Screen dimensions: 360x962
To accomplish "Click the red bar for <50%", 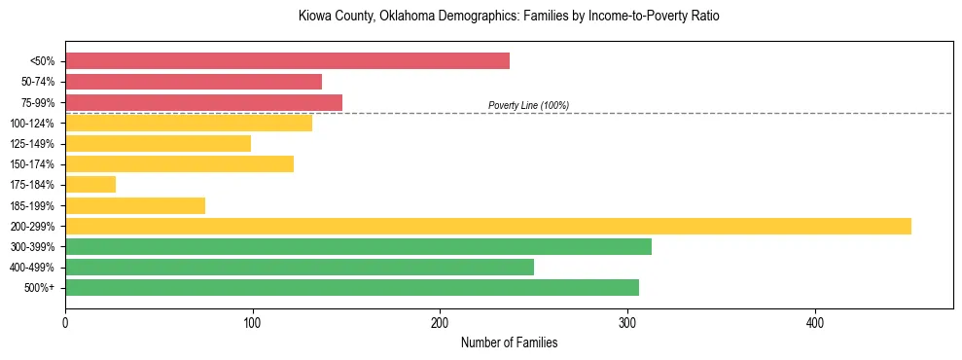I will pyautogui.click(x=287, y=61).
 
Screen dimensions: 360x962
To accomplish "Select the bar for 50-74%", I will pyautogui.click(x=194, y=82).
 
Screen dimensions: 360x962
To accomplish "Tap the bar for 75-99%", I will pyautogui.click(x=203, y=102).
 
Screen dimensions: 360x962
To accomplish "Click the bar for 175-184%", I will pyautogui.click(x=90, y=184).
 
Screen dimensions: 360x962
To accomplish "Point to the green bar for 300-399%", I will pyautogui.click(x=358, y=246).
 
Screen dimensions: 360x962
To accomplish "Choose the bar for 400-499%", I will pyautogui.click(x=300, y=267).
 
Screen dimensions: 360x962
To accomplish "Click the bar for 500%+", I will pyautogui.click(x=352, y=287).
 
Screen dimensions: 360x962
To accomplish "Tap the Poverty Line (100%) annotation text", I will pyautogui.click(x=528, y=105).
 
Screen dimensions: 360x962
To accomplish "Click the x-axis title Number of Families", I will pyautogui.click(x=509, y=343).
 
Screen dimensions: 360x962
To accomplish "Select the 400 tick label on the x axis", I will pyautogui.click(x=815, y=323).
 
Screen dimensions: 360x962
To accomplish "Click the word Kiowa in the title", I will pyautogui.click(x=315, y=17).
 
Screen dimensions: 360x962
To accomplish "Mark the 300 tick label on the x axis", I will pyautogui.click(x=627, y=323).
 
